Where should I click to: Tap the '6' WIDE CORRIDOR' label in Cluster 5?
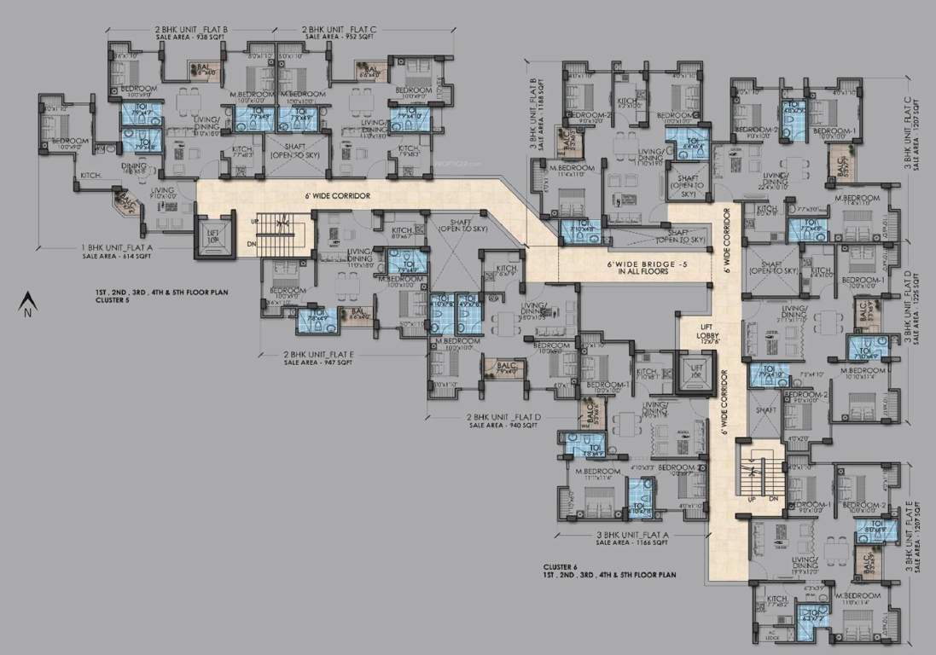pos(338,196)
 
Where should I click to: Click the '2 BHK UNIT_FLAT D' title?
pos(503,417)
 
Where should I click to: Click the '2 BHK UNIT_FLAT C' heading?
pos(335,29)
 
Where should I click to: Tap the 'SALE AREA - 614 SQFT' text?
pos(115,256)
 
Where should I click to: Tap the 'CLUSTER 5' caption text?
pos(112,300)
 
